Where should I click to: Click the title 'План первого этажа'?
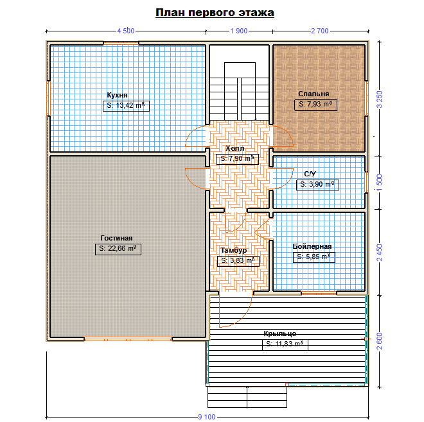(215, 13)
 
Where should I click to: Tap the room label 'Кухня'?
(117, 95)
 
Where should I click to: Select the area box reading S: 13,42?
(126, 106)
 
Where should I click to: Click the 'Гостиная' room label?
(116, 238)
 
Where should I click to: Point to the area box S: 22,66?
(118, 249)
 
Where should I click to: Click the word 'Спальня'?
(314, 94)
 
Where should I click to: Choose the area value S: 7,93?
(315, 105)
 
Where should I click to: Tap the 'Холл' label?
(234, 148)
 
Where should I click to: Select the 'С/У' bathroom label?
(310, 174)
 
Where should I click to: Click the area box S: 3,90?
(317, 185)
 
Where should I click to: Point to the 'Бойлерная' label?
(312, 246)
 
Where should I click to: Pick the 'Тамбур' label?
(234, 250)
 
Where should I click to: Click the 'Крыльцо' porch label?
(280, 333)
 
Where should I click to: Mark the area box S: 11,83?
(285, 344)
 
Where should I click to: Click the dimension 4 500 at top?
(126, 31)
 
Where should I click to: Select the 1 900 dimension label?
(239, 31)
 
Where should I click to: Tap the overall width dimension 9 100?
(207, 417)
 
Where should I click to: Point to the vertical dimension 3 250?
(380, 99)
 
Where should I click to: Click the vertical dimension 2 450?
(380, 253)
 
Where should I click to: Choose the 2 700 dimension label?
(320, 31)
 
